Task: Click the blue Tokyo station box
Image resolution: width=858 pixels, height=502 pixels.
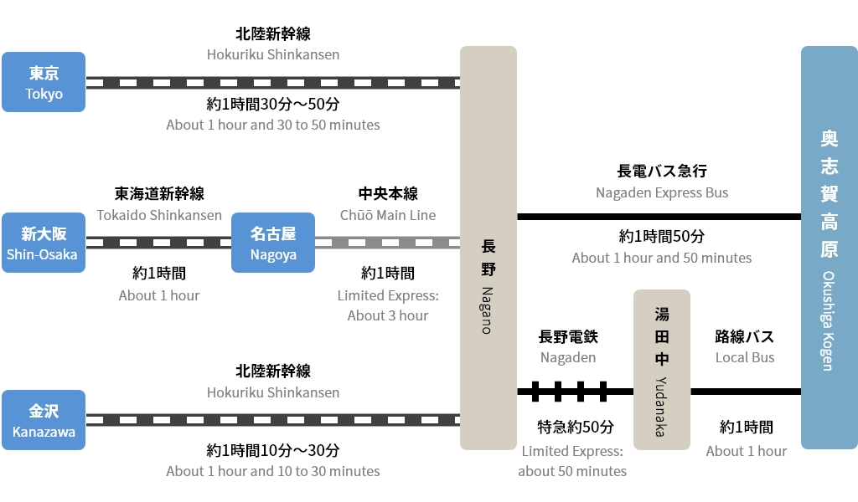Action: [x=44, y=82]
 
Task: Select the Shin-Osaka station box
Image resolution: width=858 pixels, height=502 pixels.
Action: [x=44, y=243]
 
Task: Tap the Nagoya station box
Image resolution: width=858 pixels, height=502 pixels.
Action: [x=273, y=243]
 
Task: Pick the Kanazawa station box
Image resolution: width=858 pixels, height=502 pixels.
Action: [x=44, y=420]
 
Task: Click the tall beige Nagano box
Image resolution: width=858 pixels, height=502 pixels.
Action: [x=488, y=248]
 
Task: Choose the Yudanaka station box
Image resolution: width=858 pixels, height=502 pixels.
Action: [x=662, y=370]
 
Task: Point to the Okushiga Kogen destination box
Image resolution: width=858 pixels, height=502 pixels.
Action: [x=829, y=248]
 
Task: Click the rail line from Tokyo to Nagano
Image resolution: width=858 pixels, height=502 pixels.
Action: [x=272, y=83]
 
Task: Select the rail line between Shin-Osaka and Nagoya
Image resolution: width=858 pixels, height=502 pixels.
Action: [x=158, y=243]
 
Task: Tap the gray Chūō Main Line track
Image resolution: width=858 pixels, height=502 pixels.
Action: [x=387, y=243]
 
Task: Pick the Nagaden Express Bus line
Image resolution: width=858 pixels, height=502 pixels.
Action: [x=659, y=217]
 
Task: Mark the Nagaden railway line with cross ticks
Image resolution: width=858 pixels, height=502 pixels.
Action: [x=575, y=391]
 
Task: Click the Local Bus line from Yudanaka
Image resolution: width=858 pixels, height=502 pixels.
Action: [x=745, y=391]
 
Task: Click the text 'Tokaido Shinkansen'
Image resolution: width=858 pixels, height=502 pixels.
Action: [x=159, y=215]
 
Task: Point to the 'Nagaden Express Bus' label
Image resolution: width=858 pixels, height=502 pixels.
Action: [x=662, y=192]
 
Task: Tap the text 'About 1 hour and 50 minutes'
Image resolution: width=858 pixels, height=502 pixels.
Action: [x=662, y=258]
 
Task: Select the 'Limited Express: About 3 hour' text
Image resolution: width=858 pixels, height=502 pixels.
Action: [x=388, y=305]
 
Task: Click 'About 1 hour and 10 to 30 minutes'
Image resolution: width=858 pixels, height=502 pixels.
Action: [x=273, y=471]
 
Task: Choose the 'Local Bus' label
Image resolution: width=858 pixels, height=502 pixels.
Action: [x=745, y=357]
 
